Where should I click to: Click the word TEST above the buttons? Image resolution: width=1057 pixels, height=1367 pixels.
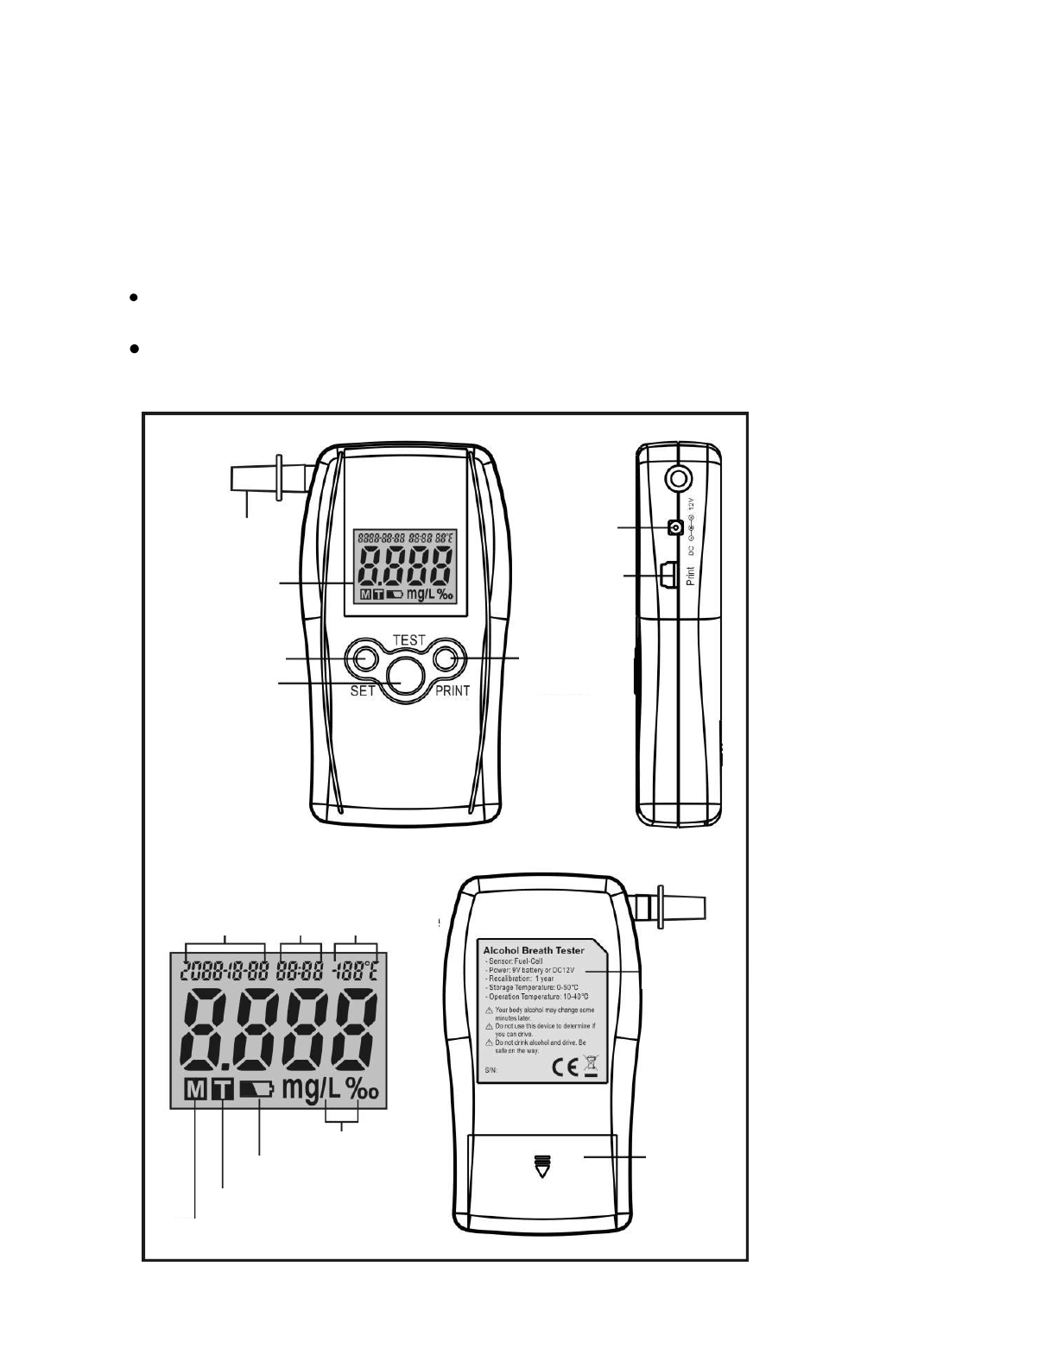coord(408,640)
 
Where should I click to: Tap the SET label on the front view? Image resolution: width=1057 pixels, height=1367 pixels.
coord(363,691)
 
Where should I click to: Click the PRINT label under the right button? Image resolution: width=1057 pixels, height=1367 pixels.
coord(453,691)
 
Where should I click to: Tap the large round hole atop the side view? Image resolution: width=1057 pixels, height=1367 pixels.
coord(677,477)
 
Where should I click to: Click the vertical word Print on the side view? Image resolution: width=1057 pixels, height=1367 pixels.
coord(690,575)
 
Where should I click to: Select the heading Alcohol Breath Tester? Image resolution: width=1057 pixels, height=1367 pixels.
coord(534,950)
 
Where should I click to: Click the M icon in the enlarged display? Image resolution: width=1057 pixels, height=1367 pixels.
coord(196,1091)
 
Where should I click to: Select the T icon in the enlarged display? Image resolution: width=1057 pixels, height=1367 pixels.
coord(223,1091)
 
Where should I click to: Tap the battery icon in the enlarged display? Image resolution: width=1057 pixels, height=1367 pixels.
coord(256,1090)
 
